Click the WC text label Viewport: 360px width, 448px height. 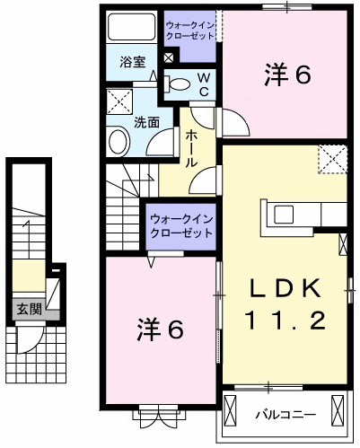[x=204, y=85]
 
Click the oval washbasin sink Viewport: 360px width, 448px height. [x=119, y=141]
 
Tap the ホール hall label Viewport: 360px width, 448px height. [x=191, y=148]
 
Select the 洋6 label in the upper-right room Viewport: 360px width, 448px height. [x=287, y=75]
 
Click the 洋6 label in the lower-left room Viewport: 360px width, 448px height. [x=161, y=329]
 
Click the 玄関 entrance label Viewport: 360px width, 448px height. [x=28, y=310]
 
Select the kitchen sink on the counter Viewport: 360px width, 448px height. [x=283, y=214]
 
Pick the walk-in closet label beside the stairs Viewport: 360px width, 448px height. [x=181, y=225]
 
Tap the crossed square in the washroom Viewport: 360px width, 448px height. [x=118, y=100]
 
